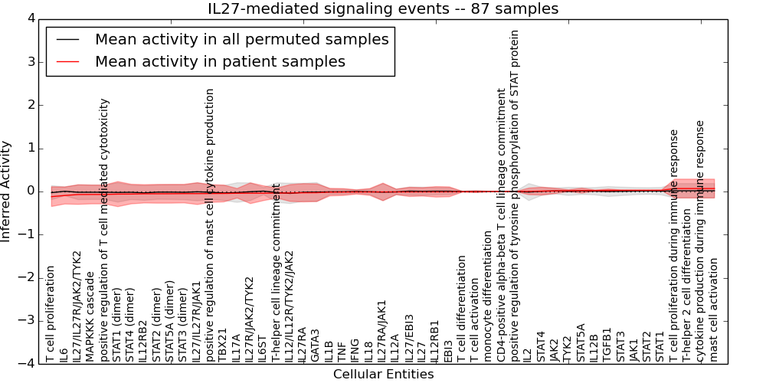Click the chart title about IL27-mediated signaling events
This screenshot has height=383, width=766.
(x=383, y=9)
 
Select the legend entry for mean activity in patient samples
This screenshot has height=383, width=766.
(x=220, y=61)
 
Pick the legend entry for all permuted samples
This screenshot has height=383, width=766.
(x=241, y=39)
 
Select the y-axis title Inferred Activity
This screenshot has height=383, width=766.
(x=7, y=191)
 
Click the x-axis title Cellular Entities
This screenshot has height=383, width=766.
(x=383, y=375)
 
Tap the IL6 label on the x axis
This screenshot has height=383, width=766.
(x=64, y=354)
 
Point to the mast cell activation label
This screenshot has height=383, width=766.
(x=714, y=309)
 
